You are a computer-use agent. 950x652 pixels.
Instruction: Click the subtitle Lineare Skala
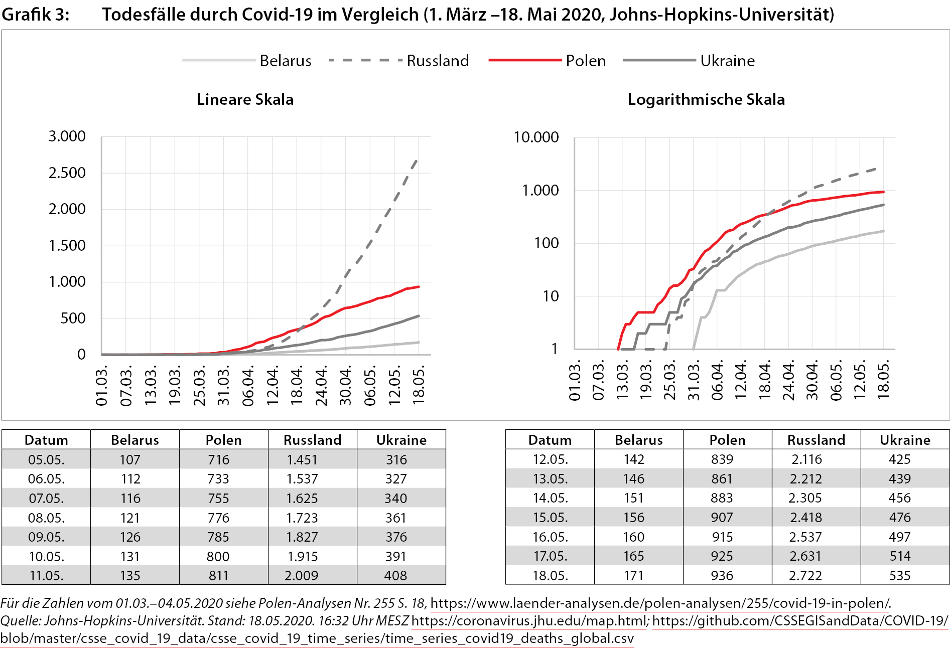[245, 99]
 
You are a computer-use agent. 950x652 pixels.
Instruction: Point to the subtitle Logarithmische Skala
[706, 99]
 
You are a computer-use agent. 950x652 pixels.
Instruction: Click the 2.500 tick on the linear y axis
[67, 173]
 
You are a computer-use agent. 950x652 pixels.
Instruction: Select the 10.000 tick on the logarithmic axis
[535, 137]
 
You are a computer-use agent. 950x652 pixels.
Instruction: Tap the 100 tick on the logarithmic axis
[546, 243]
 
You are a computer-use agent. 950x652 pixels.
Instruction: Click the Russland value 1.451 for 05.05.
[302, 459]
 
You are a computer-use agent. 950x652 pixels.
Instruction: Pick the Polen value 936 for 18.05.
[722, 575]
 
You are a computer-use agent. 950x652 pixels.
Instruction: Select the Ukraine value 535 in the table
[899, 575]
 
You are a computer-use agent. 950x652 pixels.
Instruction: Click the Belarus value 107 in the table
[130, 459]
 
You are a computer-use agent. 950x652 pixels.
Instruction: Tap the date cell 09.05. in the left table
[46, 537]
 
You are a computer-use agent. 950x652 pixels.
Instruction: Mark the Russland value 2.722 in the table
[805, 575]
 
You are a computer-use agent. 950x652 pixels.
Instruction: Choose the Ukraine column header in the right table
[905, 440]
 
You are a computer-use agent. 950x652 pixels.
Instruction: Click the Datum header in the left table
[46, 440]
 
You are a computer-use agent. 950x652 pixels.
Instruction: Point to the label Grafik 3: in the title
[35, 15]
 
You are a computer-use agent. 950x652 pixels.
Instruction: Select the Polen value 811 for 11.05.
[218, 575]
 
